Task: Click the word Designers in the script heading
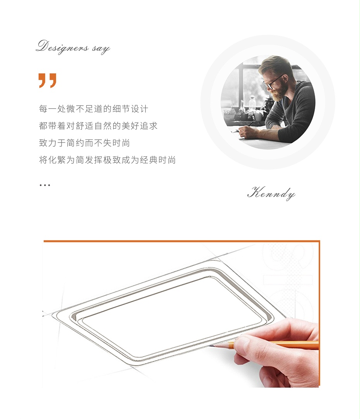pos(62,47)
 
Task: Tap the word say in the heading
pos(101,49)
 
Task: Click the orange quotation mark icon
pos(48,81)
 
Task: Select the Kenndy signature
pos(271,193)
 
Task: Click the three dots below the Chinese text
pos(45,185)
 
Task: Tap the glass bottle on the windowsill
pos(252,102)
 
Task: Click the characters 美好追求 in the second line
pos(139,125)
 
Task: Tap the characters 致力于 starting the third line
pos(53,143)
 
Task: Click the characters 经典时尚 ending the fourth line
pos(158,160)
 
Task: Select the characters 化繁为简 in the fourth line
pos(66,160)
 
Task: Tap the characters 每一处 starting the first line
pos(53,109)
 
